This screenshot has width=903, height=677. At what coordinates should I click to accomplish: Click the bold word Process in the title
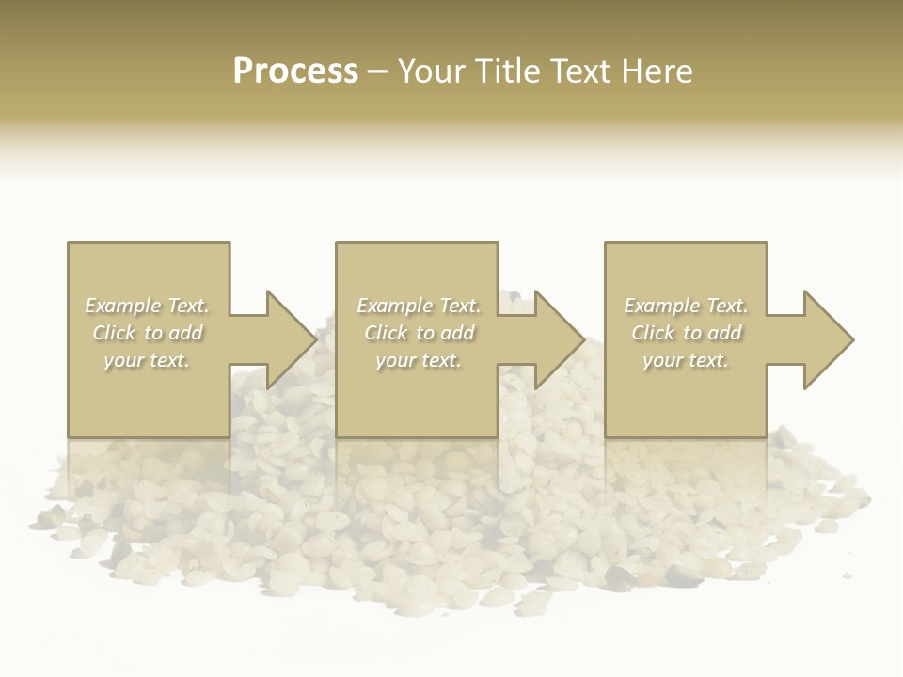click(x=295, y=71)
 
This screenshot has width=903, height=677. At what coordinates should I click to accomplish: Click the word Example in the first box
click(x=123, y=306)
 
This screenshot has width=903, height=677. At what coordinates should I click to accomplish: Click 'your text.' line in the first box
click(x=147, y=360)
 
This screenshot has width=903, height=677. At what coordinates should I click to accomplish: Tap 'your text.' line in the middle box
click(x=419, y=360)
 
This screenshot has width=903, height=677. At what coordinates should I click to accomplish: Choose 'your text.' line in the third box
click(x=686, y=360)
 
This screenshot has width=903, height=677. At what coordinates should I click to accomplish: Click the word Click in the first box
click(x=114, y=333)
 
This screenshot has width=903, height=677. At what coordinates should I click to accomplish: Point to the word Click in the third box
click(x=653, y=333)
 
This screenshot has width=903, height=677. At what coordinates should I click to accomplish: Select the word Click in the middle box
click(x=386, y=333)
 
